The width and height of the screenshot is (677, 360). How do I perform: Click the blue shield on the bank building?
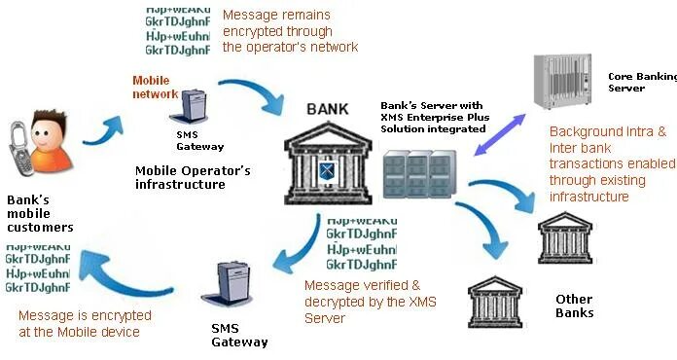click(x=327, y=174)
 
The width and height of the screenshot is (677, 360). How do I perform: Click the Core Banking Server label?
click(x=639, y=81)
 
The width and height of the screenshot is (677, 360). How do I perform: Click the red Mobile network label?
click(x=156, y=88)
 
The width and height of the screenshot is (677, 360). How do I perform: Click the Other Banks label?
click(x=574, y=306)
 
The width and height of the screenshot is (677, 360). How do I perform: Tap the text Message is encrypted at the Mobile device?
click(x=85, y=324)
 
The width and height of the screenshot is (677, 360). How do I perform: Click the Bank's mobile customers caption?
click(x=40, y=214)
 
